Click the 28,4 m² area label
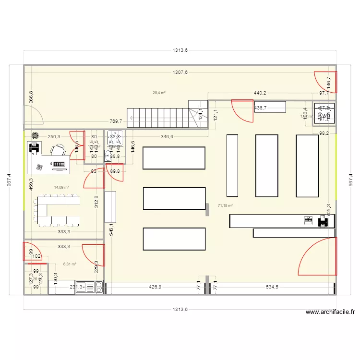[159, 93]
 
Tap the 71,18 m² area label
[225, 205]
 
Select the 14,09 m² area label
[61, 188]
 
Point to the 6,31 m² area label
[70, 264]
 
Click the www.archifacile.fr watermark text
[330, 312]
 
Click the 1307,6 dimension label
[180, 72]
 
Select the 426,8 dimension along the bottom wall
[156, 288]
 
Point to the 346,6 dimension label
[167, 137]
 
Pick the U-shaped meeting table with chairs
[57, 210]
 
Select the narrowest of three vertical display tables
[232, 166]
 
